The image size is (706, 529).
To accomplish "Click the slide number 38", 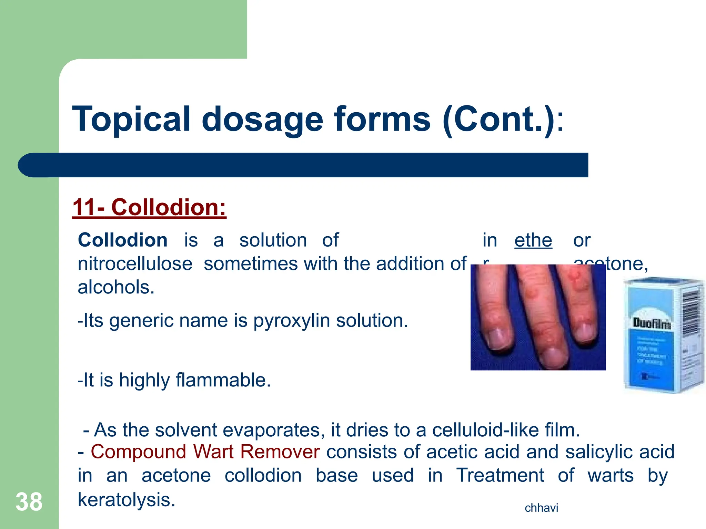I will [29, 502].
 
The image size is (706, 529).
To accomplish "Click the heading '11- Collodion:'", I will [149, 208].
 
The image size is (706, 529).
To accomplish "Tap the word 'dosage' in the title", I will [262, 119].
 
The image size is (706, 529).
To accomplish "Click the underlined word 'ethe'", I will [533, 240].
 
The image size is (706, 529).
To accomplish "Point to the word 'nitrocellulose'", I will [135, 264].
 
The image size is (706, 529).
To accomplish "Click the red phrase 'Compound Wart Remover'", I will [205, 452].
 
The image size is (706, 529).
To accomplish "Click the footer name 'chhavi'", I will [541, 508].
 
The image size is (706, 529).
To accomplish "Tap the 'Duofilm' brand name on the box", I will [652, 323].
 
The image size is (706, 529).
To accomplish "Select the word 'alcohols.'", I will [116, 287].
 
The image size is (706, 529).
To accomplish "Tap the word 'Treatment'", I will [500, 476].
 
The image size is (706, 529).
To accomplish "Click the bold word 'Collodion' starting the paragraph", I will [122, 240].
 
